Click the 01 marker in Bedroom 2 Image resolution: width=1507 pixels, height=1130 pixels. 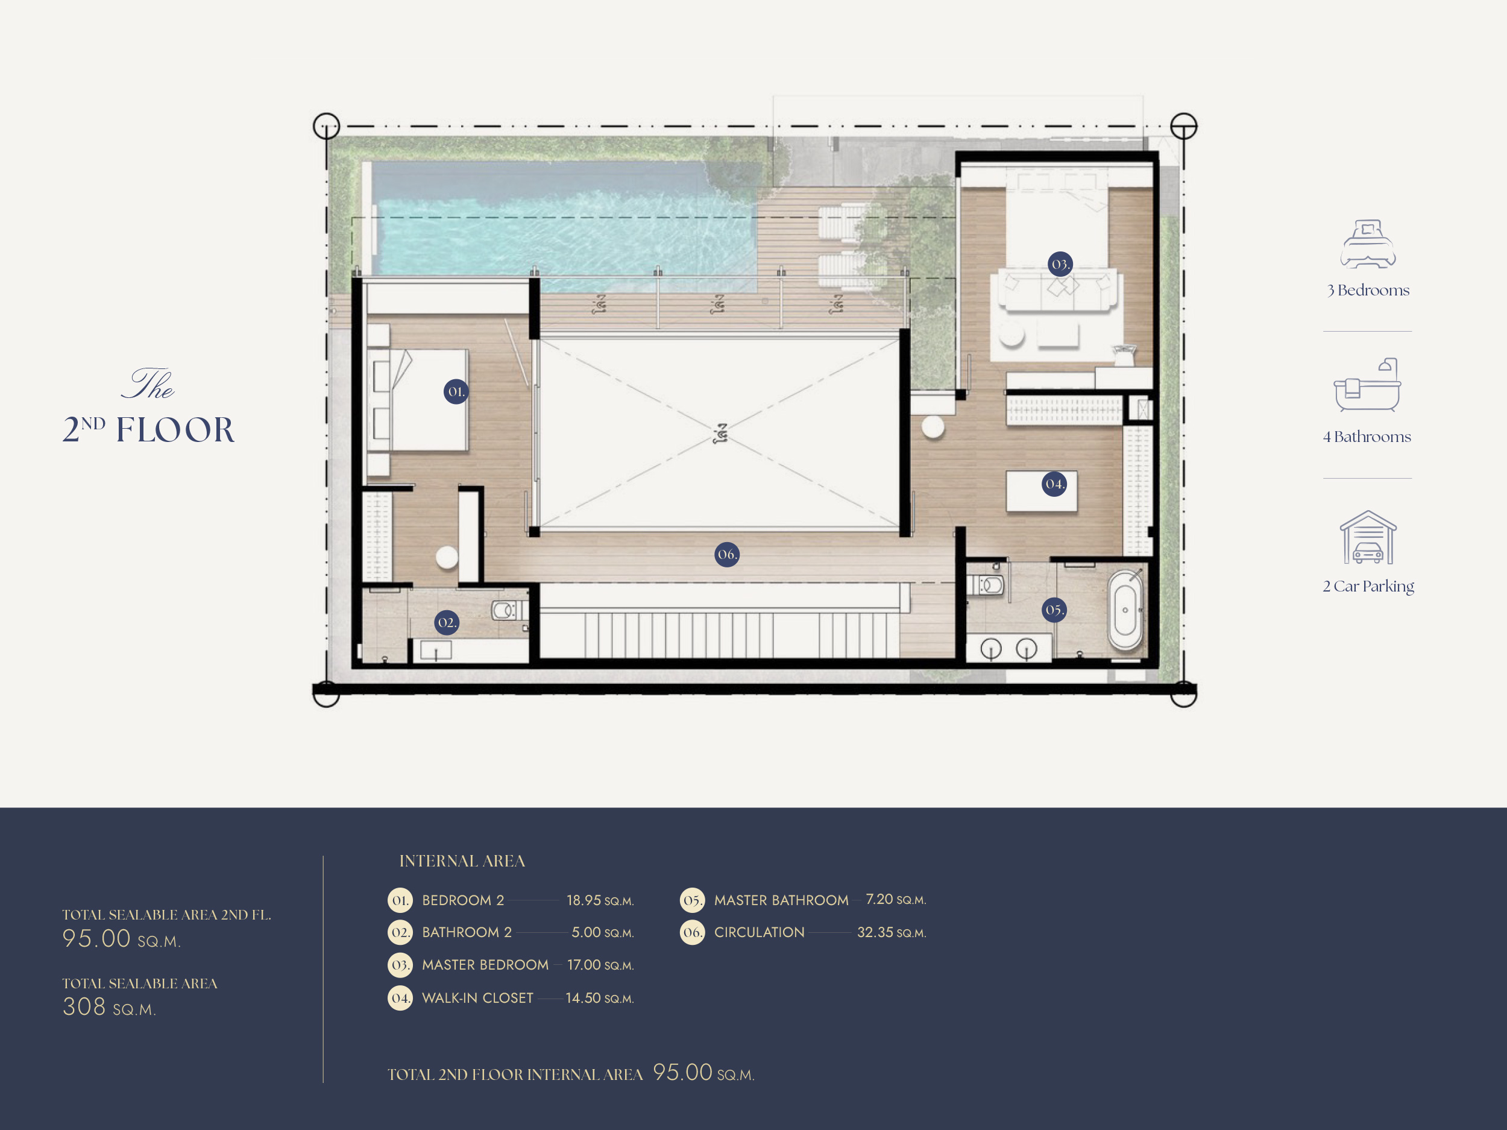(456, 392)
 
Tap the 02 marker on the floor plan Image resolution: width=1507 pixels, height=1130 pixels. (446, 622)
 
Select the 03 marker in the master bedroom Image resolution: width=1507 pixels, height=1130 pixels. (1060, 264)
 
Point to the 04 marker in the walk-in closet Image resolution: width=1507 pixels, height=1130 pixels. (1055, 484)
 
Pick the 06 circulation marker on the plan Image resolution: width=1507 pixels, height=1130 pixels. (727, 554)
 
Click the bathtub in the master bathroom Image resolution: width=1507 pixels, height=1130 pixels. (1125, 610)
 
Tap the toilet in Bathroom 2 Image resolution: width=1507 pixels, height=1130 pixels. (507, 610)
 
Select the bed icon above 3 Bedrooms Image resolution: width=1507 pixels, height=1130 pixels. (1368, 244)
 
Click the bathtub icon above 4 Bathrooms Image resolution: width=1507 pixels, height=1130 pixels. (1367, 385)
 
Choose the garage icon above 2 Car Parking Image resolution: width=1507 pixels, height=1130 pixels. (1368, 537)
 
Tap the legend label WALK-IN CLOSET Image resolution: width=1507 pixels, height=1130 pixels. (477, 998)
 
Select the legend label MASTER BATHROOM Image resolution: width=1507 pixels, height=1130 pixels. (781, 900)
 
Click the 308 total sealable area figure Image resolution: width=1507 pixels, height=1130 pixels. (84, 1006)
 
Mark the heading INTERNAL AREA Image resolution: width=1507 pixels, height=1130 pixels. (462, 861)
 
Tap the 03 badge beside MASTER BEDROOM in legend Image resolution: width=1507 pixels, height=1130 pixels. (400, 965)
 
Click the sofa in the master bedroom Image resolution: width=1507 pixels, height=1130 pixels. (1058, 289)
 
